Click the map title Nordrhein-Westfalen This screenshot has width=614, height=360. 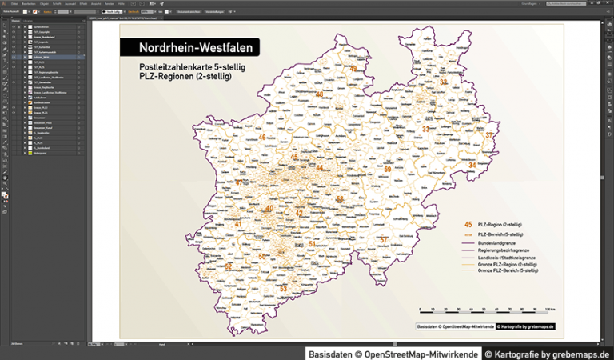196,48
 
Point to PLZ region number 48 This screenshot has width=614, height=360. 319,94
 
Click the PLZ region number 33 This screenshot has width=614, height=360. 426,129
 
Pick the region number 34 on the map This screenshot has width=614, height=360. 472,165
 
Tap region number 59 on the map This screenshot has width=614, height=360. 387,170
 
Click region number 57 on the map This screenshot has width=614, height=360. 384,239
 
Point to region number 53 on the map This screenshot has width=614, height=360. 283,288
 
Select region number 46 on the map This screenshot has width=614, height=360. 262,138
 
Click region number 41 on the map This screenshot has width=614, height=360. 237,223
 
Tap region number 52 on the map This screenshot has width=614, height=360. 229,266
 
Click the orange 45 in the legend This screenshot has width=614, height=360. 468,225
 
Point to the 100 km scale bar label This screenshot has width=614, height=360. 549,309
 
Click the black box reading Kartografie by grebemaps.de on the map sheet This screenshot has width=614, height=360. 525,326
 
